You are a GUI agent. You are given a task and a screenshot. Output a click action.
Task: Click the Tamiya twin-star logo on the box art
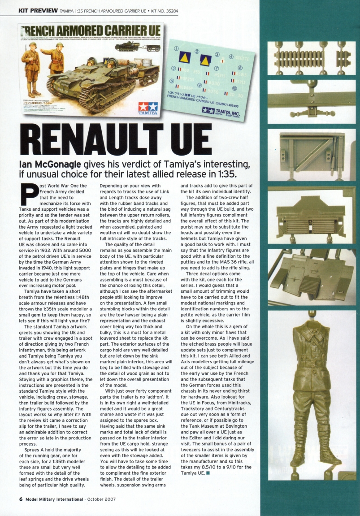pyautogui.click(x=147, y=108)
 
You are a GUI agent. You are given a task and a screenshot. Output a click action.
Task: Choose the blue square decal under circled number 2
pyautogui.click(x=205, y=60)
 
